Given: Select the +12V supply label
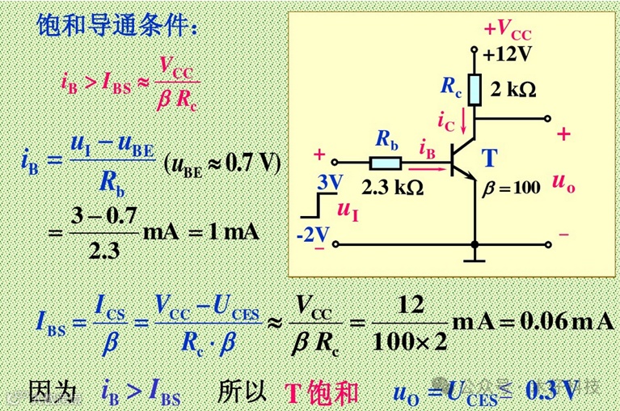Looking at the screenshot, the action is click(x=508, y=54).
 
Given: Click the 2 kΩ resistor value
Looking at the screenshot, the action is click(x=514, y=89).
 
